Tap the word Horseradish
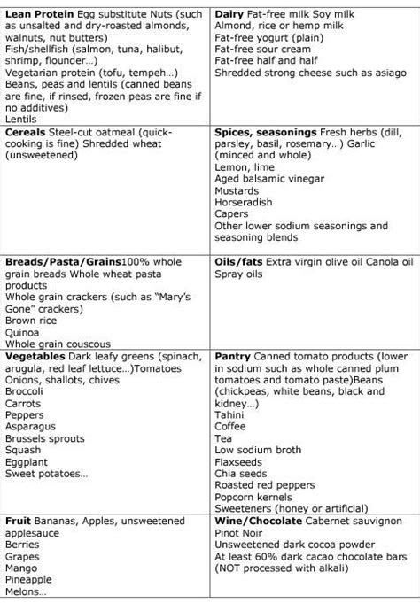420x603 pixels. (x=245, y=200)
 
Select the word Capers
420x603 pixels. (x=232, y=213)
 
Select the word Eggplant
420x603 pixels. (x=27, y=460)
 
